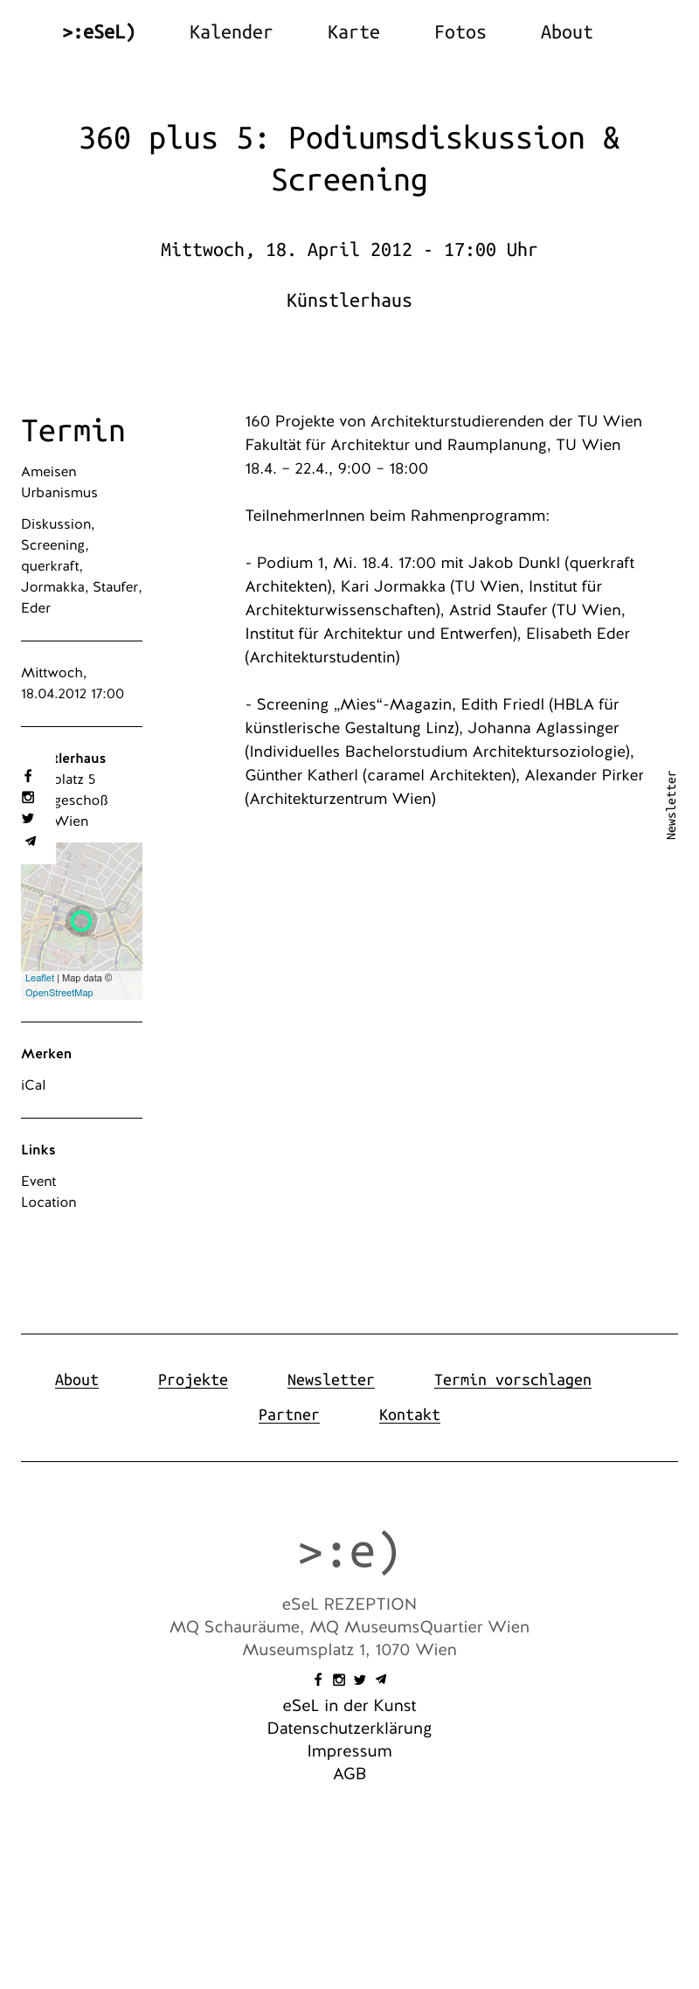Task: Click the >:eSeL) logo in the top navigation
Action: [99, 32]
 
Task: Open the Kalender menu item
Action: [231, 32]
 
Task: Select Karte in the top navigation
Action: [353, 32]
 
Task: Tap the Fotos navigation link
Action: [460, 32]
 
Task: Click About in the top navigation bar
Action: [566, 32]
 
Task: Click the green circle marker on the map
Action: [81, 920]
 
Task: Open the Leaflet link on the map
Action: [39, 978]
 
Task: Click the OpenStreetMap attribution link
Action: [59, 993]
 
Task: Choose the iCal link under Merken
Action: [33, 1085]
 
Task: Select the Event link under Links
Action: [38, 1182]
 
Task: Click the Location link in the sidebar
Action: [48, 1202]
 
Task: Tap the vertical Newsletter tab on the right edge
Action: [671, 805]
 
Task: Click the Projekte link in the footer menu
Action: [192, 1380]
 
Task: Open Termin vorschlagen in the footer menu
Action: [512, 1380]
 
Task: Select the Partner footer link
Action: [288, 1415]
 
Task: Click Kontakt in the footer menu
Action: [409, 1415]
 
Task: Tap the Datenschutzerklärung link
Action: [349, 1729]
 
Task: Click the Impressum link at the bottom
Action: [349, 1751]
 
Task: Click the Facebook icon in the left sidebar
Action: [28, 776]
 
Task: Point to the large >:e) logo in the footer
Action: [349, 1552]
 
